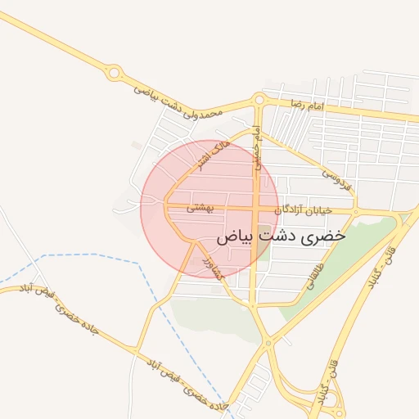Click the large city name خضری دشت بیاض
[x=281, y=235]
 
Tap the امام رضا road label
[x=307, y=106]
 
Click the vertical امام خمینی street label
[x=257, y=147]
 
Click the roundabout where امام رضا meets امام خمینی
[x=259, y=100]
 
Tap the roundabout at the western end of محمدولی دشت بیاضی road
[x=115, y=74]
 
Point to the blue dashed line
[x=98, y=255]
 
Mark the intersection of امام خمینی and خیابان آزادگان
[x=258, y=211]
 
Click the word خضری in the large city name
[x=324, y=235]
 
